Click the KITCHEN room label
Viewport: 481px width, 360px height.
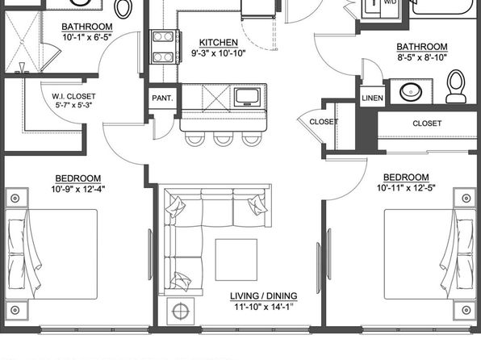tap(219, 42)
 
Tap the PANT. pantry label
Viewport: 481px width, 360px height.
tap(162, 98)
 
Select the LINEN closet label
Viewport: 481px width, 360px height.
tap(372, 98)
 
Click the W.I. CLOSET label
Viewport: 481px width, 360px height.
tap(73, 96)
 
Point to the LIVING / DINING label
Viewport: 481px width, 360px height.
tap(264, 296)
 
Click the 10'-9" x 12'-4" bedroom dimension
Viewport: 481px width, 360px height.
tap(78, 190)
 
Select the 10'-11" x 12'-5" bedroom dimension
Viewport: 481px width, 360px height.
tap(406, 188)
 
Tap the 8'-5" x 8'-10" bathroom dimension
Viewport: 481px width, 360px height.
tap(422, 57)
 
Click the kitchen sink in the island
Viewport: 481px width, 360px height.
tap(247, 98)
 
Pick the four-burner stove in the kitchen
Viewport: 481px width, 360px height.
tap(165, 47)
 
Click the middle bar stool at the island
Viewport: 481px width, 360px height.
tap(224, 139)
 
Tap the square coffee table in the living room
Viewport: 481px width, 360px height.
tap(236, 260)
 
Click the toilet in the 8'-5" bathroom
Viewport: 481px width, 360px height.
tap(456, 86)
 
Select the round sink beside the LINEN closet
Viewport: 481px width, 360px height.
tap(411, 91)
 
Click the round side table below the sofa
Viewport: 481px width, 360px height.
tap(181, 312)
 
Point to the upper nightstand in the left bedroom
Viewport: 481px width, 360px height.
tap(15, 198)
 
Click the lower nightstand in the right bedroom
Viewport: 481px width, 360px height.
tap(466, 310)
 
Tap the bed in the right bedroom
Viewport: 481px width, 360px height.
tap(430, 254)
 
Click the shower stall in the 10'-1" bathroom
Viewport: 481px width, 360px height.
tap(23, 42)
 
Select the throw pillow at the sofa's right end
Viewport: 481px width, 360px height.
tap(257, 205)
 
